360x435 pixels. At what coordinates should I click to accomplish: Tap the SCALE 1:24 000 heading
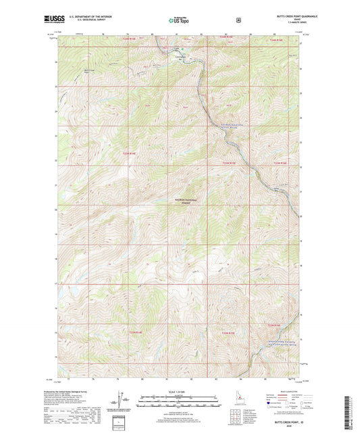179,392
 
